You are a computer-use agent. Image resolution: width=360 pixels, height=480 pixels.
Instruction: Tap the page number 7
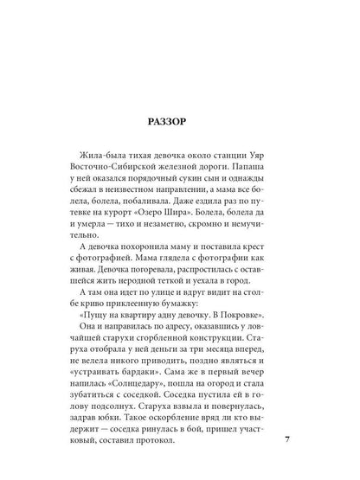click(288, 440)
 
